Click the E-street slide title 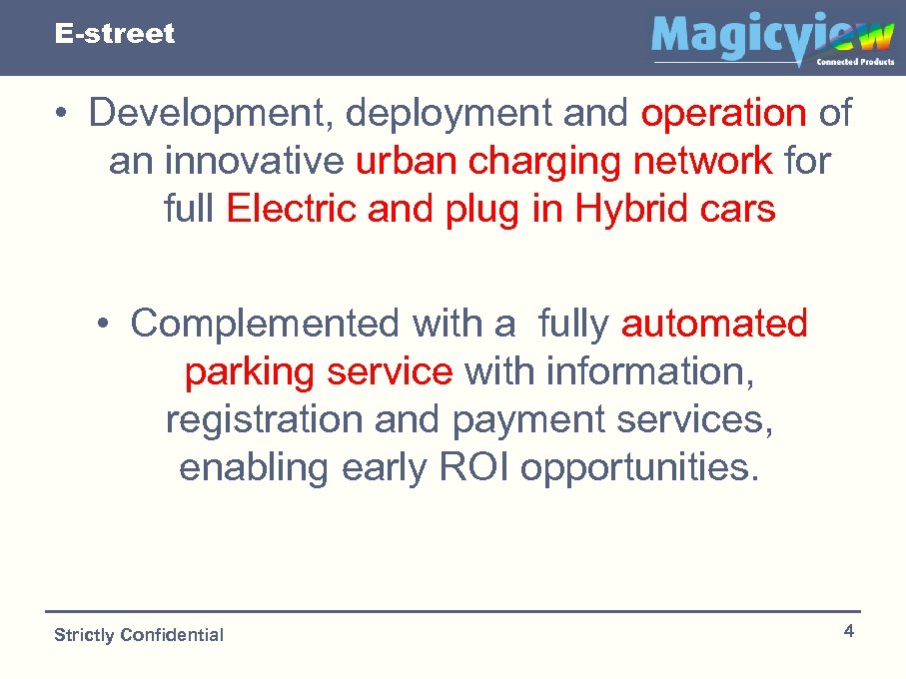pyautogui.click(x=115, y=34)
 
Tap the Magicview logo pyautogui.click(x=771, y=39)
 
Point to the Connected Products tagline pyautogui.click(x=855, y=62)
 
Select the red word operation pyautogui.click(x=723, y=114)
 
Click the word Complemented pyautogui.click(x=265, y=324)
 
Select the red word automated pyautogui.click(x=714, y=324)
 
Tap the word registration pyautogui.click(x=264, y=419)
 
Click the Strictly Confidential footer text pyautogui.click(x=139, y=635)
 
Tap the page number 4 pyautogui.click(x=848, y=631)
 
